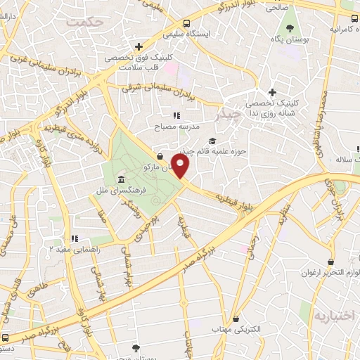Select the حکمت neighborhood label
[85, 22]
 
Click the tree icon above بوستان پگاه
[289, 27]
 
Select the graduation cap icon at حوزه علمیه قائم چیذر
[213, 141]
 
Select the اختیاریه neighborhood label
[335, 314]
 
